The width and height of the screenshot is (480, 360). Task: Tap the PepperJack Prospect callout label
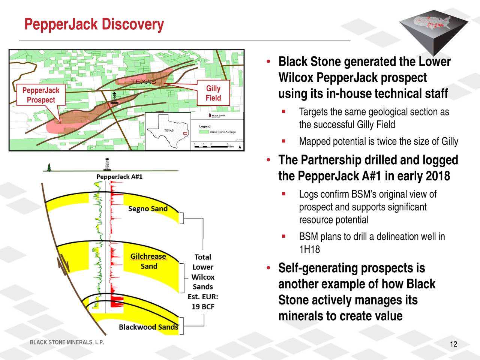[41, 95]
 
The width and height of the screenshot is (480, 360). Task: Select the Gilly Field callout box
[213, 93]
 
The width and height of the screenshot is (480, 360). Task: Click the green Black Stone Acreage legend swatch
[204, 132]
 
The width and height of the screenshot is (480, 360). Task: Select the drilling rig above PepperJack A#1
[108, 164]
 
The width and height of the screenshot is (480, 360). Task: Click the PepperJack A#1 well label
[119, 177]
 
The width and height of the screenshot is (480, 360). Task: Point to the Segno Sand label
[148, 208]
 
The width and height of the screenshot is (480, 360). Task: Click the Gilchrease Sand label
[148, 261]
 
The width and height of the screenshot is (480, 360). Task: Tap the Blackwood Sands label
[148, 327]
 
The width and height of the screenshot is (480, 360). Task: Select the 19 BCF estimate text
[203, 307]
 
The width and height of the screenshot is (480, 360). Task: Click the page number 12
[453, 345]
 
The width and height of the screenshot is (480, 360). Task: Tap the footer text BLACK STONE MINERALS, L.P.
[67, 342]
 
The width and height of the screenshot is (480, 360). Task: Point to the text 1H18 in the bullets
[309, 249]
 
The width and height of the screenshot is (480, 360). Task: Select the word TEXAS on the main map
[143, 82]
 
